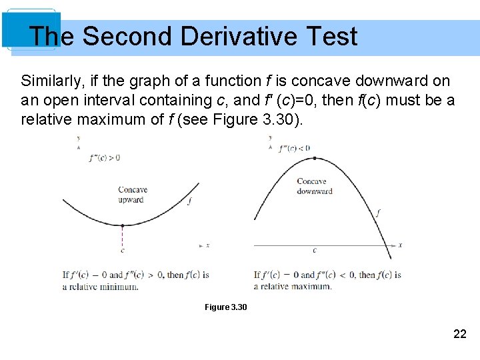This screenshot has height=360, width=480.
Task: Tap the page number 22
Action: click(459, 334)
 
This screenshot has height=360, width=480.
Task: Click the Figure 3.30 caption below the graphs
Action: click(225, 307)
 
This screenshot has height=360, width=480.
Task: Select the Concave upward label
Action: click(132, 195)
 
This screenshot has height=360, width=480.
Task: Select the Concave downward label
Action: click(314, 186)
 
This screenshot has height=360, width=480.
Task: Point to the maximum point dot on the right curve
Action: click(315, 158)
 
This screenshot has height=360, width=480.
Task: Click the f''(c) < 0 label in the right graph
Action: click(294, 148)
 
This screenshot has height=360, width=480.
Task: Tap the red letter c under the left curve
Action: click(122, 251)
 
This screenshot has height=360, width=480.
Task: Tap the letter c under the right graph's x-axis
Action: click(315, 251)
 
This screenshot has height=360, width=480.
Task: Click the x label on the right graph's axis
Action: click(400, 245)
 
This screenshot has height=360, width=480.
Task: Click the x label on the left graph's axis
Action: click(208, 245)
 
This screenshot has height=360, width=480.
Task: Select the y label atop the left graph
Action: click(79, 138)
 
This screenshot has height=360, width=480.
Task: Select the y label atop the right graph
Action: click(270, 138)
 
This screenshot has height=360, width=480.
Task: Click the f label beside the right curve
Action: click(378, 213)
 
